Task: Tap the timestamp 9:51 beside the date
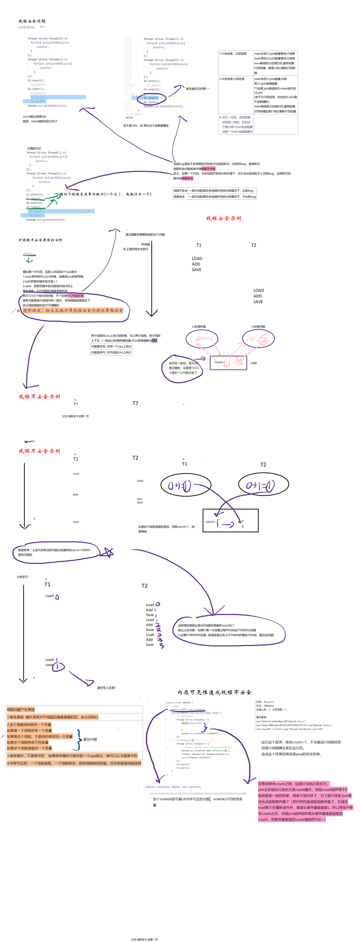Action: [x=42, y=27]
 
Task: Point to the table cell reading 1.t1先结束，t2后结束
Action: [x=233, y=54]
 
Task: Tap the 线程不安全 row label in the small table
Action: [x=180, y=190]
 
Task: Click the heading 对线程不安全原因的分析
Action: [x=40, y=240]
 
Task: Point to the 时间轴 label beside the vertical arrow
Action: [x=146, y=244]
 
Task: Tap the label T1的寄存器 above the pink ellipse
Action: [x=199, y=326]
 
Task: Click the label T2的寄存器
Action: [x=258, y=326]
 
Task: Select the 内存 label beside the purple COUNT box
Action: [x=254, y=363]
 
